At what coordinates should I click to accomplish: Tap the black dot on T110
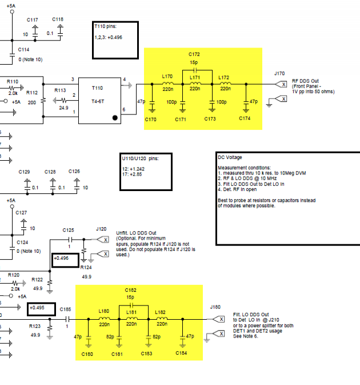(115, 118)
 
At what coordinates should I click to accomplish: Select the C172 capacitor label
(195, 54)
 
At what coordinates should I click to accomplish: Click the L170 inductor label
(167, 76)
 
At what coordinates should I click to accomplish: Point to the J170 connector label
(279, 73)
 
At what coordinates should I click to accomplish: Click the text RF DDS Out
(305, 81)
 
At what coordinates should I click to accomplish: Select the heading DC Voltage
(230, 157)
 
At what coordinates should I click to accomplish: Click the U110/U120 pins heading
(140, 158)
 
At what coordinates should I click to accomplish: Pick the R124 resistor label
(86, 267)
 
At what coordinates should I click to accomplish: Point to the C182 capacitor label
(131, 291)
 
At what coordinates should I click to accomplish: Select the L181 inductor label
(131, 312)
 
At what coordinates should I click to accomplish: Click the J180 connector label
(215, 307)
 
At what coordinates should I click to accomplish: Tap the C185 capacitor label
(66, 309)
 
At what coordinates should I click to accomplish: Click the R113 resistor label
(60, 90)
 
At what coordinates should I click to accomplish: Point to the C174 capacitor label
(245, 119)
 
